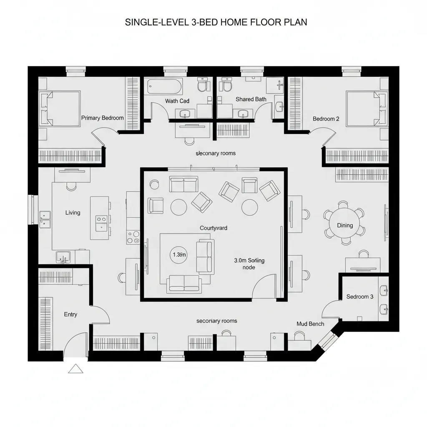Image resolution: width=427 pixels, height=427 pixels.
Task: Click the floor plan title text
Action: pyautogui.click(x=216, y=23)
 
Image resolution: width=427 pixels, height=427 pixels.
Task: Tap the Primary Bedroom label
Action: pyautogui.click(x=103, y=118)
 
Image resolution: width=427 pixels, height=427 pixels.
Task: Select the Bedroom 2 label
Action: pyautogui.click(x=326, y=119)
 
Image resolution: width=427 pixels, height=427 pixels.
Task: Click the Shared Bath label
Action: pyautogui.click(x=251, y=99)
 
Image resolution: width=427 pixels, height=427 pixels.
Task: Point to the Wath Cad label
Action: pyautogui.click(x=177, y=101)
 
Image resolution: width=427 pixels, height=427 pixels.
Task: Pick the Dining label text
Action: pyautogui.click(x=345, y=225)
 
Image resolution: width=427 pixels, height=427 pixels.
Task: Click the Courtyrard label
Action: pyautogui.click(x=213, y=228)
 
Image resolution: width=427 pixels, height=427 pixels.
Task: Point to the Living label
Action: pyautogui.click(x=73, y=213)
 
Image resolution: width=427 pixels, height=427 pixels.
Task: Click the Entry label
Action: pyautogui.click(x=70, y=314)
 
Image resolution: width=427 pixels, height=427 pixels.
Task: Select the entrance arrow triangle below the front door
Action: pyautogui.click(x=76, y=368)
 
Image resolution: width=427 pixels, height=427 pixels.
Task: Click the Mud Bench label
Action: pyautogui.click(x=310, y=324)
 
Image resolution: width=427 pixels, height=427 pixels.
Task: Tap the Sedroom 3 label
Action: pyautogui.click(x=360, y=296)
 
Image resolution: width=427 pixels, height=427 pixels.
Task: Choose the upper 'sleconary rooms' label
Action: pyautogui.click(x=216, y=153)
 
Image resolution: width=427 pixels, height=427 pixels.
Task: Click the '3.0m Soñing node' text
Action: pyautogui.click(x=249, y=264)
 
